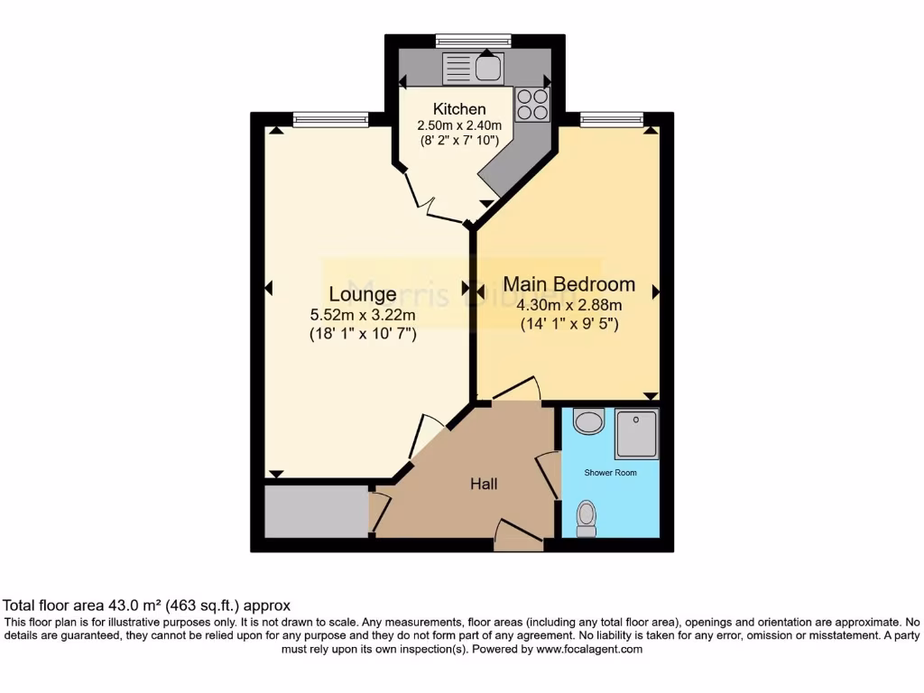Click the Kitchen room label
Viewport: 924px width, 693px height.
tap(458, 109)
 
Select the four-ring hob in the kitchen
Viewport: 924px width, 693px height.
tap(532, 105)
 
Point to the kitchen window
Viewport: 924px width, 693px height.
tap(473, 40)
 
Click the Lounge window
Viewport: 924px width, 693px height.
tap(330, 118)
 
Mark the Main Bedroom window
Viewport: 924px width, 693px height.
tap(611, 118)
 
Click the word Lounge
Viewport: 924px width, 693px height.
tap(362, 294)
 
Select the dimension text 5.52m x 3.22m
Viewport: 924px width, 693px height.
tap(362, 315)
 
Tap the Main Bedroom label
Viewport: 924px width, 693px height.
tap(568, 284)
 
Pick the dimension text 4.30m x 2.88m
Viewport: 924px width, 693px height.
tap(568, 305)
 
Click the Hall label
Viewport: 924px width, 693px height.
tap(484, 485)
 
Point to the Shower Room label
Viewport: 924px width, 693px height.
tap(610, 473)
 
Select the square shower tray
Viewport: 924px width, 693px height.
tap(636, 434)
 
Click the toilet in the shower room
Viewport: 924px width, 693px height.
tap(587, 518)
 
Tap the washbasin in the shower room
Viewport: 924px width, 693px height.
tap(589, 420)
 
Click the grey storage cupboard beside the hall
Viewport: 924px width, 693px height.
tap(316, 512)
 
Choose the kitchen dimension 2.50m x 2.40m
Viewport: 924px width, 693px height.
tap(458, 125)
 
